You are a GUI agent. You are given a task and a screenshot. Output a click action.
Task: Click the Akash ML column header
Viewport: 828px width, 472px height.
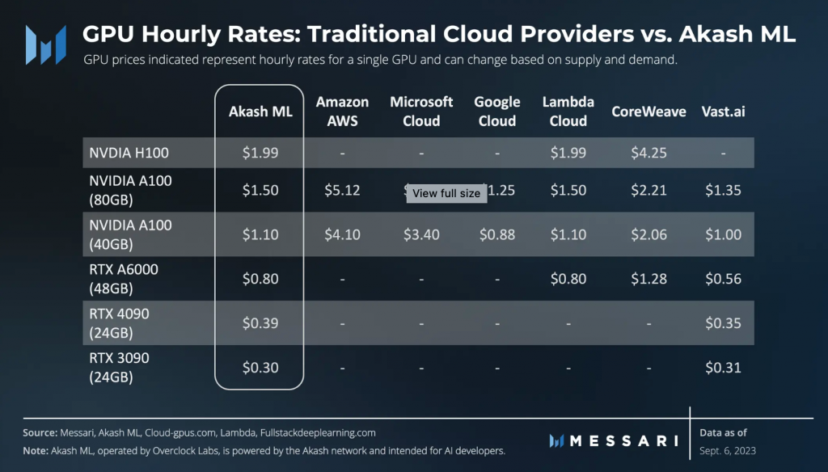click(x=260, y=112)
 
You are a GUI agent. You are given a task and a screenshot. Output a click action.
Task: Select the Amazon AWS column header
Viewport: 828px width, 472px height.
click(x=342, y=112)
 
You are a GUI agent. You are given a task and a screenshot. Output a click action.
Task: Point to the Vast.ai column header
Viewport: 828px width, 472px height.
click(x=723, y=112)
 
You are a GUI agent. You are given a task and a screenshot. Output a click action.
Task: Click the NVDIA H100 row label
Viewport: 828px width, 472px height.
click(x=130, y=153)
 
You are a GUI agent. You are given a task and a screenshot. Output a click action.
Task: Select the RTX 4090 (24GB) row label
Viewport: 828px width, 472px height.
click(x=120, y=322)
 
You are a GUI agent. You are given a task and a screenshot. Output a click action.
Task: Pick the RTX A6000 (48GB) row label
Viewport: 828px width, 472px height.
click(x=124, y=278)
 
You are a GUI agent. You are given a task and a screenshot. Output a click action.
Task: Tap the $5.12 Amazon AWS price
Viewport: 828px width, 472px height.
click(x=342, y=191)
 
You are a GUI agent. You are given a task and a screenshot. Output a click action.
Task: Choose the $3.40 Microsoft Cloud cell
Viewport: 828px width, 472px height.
click(x=421, y=234)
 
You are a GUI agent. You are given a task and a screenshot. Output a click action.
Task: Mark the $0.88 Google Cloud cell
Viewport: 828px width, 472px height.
click(x=496, y=234)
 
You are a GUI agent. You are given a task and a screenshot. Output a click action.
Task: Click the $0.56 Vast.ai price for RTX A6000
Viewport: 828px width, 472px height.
click(x=723, y=279)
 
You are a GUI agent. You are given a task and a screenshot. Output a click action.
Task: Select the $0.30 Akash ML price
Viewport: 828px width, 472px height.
click(x=260, y=368)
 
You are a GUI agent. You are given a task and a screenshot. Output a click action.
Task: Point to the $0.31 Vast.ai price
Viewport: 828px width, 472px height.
click(x=723, y=368)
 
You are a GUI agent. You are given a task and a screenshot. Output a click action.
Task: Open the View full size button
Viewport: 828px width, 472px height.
click(x=446, y=193)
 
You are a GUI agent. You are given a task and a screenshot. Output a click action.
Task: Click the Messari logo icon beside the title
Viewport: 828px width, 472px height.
click(x=45, y=44)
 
